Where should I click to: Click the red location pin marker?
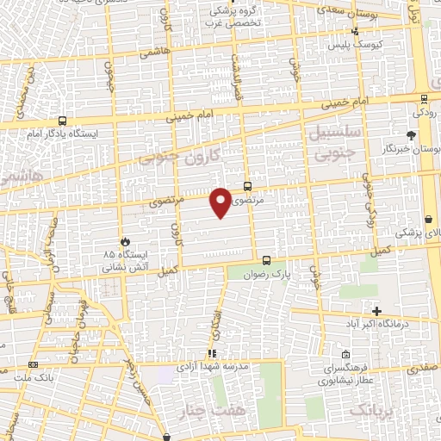[221, 202]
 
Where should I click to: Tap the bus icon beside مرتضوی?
[248, 185]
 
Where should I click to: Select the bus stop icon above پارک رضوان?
[266, 260]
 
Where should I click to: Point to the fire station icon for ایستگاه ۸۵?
[127, 242]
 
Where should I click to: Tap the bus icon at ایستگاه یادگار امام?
[62, 122]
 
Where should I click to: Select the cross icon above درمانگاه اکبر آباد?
[376, 310]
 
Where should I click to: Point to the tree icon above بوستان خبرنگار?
[412, 135]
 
